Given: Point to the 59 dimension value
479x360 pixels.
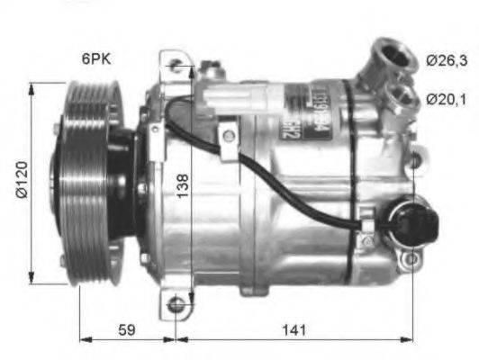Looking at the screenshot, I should click(x=127, y=329).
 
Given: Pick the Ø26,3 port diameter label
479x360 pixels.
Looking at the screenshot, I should click(x=446, y=60).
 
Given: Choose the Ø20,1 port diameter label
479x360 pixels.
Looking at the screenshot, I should click(x=446, y=99).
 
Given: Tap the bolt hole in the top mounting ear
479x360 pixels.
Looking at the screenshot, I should click(x=176, y=66).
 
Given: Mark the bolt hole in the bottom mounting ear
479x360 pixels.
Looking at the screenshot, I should click(x=176, y=306).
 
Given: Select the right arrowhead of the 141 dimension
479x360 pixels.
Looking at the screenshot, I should click(x=411, y=340).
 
